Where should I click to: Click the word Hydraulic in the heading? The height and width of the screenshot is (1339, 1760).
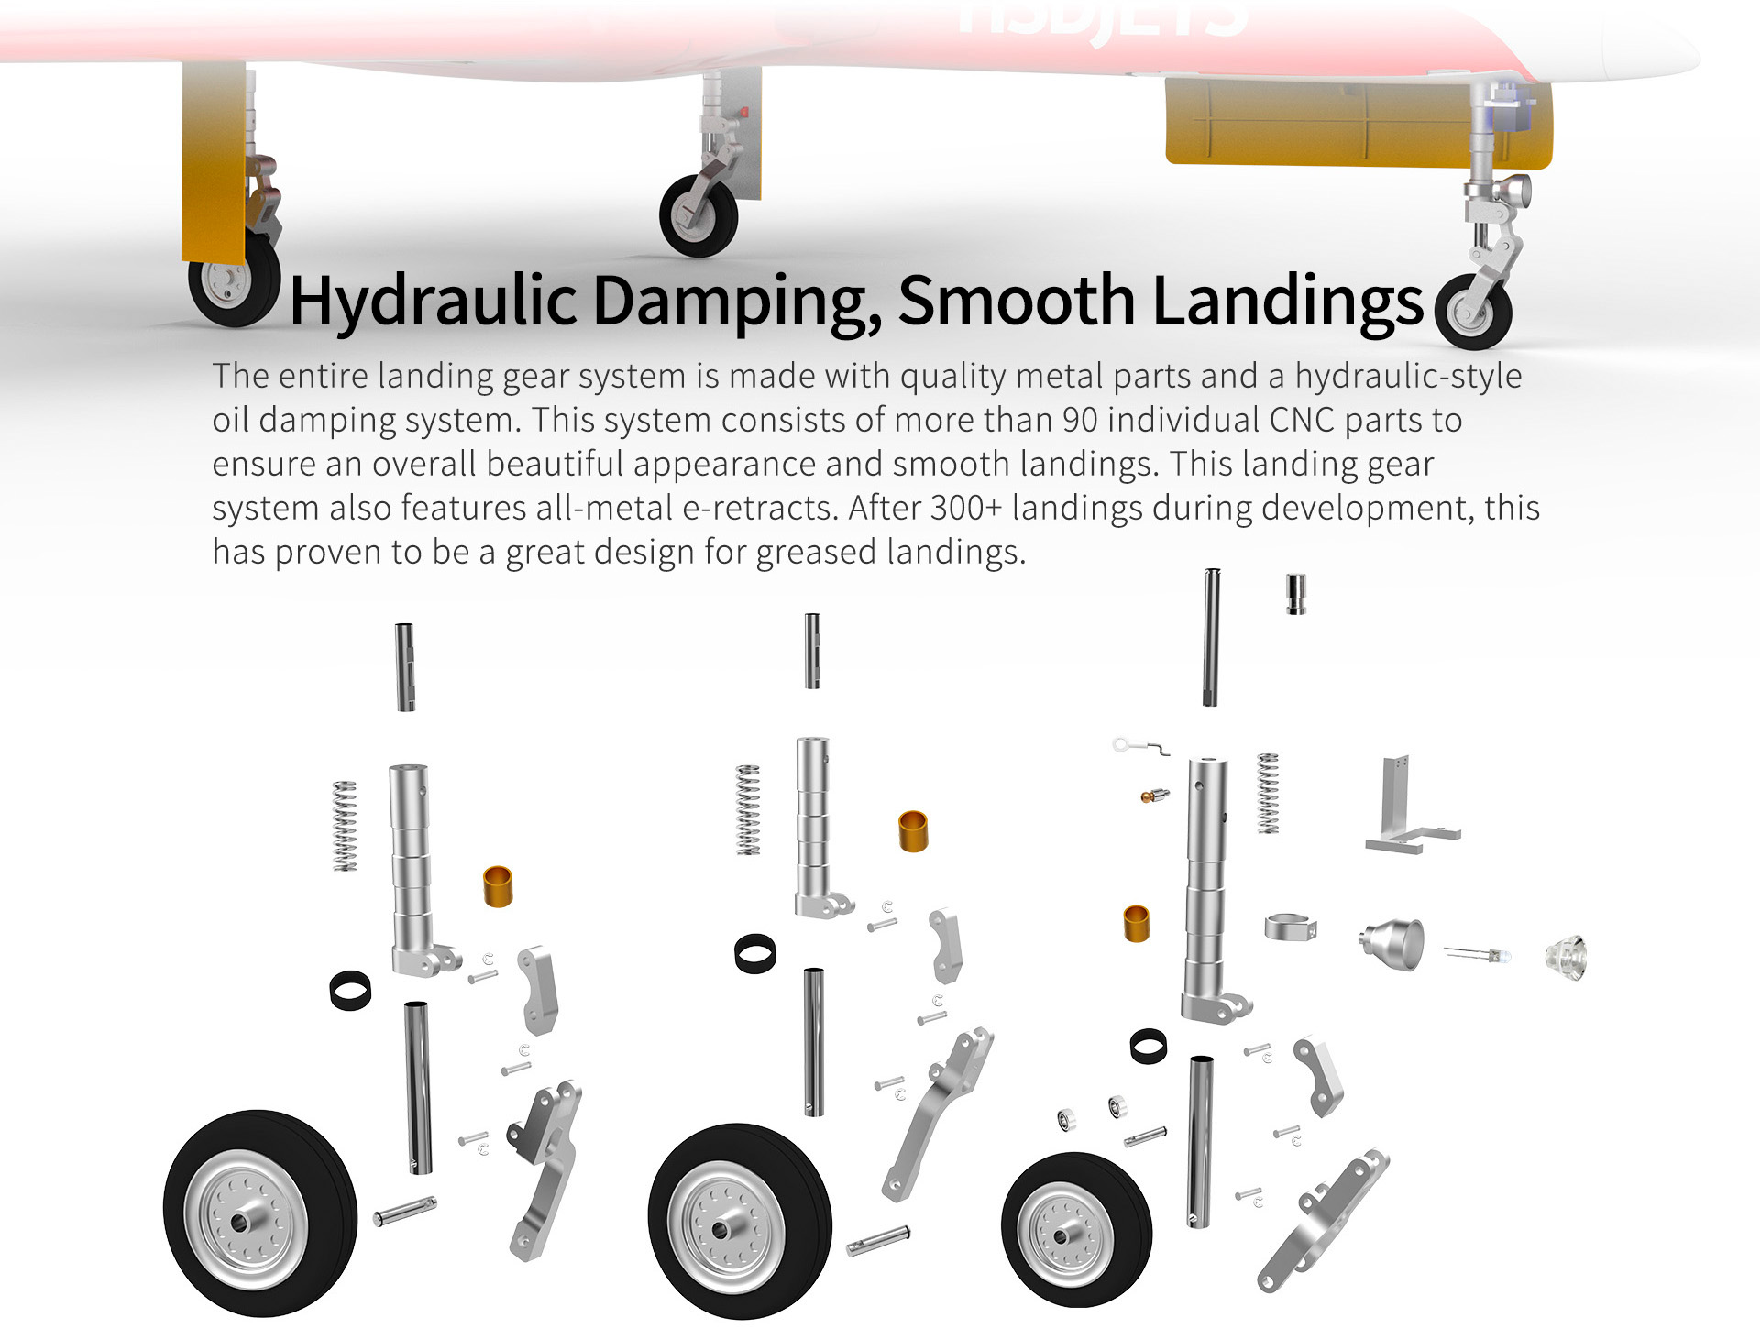pyautogui.click(x=434, y=301)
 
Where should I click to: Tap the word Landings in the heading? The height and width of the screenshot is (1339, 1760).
pyautogui.click(x=1288, y=301)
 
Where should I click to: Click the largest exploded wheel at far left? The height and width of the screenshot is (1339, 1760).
pyautogui.click(x=259, y=1213)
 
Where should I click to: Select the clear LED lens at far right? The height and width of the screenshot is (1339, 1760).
pyautogui.click(x=1566, y=959)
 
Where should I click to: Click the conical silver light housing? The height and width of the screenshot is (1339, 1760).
pyautogui.click(x=1392, y=943)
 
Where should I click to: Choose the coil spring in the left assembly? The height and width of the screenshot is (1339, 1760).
pyautogui.click(x=345, y=826)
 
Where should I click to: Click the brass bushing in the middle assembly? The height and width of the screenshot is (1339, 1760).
pyautogui.click(x=913, y=831)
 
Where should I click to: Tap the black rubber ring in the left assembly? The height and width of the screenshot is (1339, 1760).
pyautogui.click(x=350, y=991)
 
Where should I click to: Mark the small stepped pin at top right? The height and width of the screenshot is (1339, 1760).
pyautogui.click(x=1296, y=594)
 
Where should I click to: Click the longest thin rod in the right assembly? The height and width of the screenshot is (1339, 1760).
pyautogui.click(x=1211, y=638)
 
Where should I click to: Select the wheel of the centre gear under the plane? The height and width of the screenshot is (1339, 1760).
pyautogui.click(x=698, y=216)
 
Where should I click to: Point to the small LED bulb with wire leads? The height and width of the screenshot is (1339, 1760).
pyautogui.click(x=1478, y=956)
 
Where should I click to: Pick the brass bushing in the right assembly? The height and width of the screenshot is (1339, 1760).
pyautogui.click(x=1137, y=924)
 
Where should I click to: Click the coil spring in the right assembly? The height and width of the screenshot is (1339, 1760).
pyautogui.click(x=1268, y=794)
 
